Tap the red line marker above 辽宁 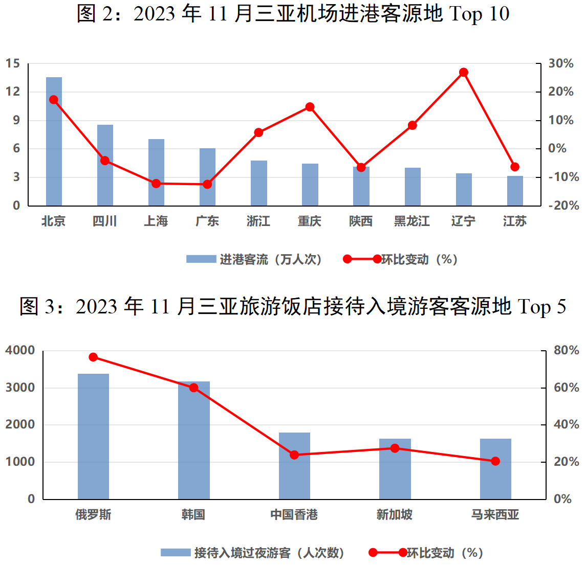tap(464, 73)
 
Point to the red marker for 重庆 tap(310, 107)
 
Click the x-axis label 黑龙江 tap(412, 221)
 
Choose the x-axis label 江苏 tap(514, 221)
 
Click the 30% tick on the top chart tap(561, 64)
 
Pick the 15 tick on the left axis tap(13, 64)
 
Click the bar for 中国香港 tap(294, 466)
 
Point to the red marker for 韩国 tap(193, 388)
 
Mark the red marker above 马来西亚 tap(495, 461)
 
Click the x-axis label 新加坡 tap(395, 515)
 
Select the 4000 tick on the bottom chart tap(20, 351)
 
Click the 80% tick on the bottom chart tap(566, 351)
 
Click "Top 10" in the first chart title tap(479, 14)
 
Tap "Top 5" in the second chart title tap(541, 307)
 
